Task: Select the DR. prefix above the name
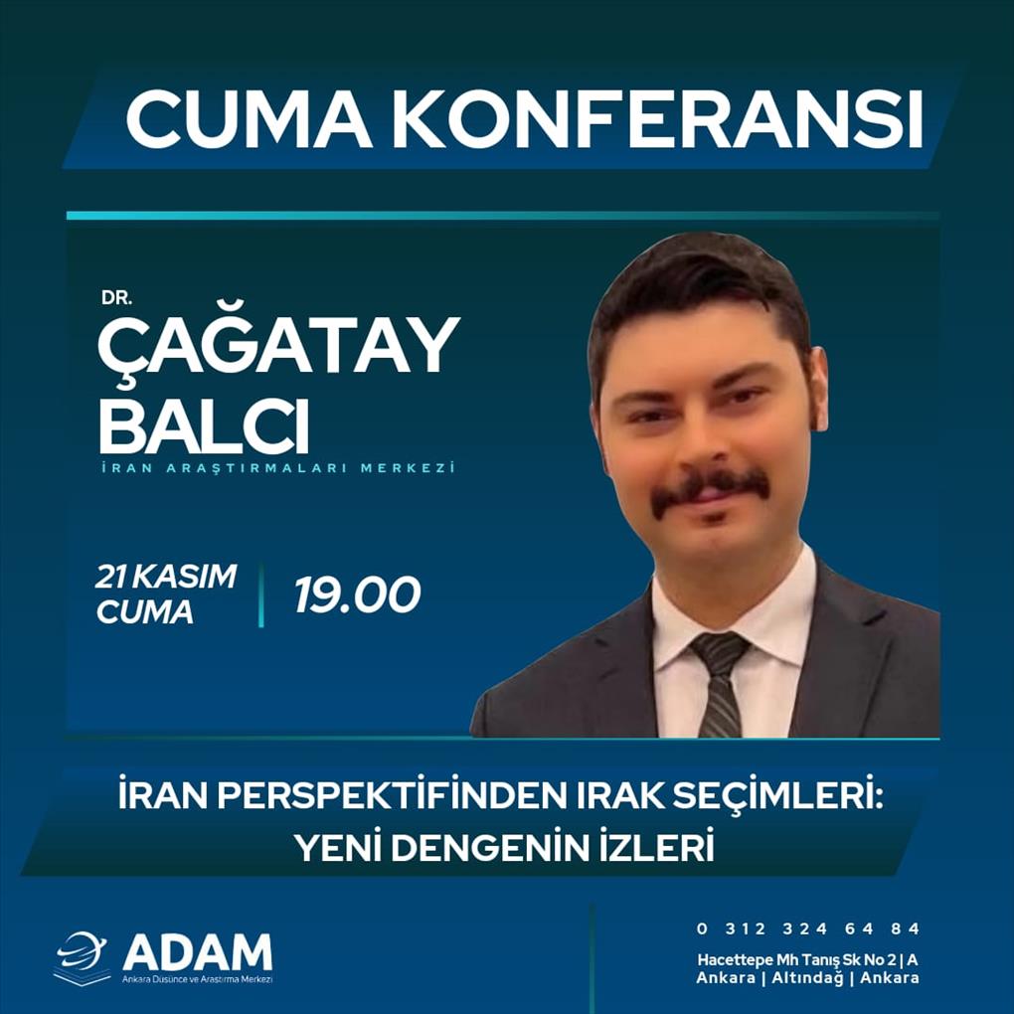click(x=116, y=298)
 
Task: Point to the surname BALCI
click(x=204, y=426)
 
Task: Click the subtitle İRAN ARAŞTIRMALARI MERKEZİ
click(x=278, y=467)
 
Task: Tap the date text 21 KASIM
click(x=166, y=577)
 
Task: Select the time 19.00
click(x=358, y=594)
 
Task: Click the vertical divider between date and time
click(x=261, y=594)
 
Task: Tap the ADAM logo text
click(x=198, y=952)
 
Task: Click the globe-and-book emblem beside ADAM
click(x=82, y=957)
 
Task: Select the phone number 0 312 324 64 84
click(x=807, y=929)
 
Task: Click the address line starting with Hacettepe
click(x=807, y=960)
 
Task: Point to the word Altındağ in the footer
click(x=807, y=978)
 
